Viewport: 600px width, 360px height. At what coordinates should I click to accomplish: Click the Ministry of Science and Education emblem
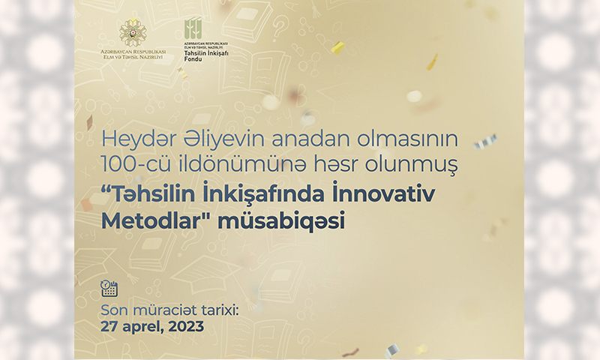click(133, 33)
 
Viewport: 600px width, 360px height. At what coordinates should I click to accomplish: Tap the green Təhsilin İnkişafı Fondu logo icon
click(193, 29)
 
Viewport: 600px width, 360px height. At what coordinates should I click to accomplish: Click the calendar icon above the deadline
click(109, 288)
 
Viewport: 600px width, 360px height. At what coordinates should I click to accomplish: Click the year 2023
click(186, 327)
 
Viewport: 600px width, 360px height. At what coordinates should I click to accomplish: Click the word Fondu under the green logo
click(193, 59)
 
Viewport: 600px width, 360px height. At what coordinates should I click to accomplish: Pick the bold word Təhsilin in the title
click(149, 193)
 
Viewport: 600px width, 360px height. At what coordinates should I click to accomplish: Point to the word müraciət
click(164, 310)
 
